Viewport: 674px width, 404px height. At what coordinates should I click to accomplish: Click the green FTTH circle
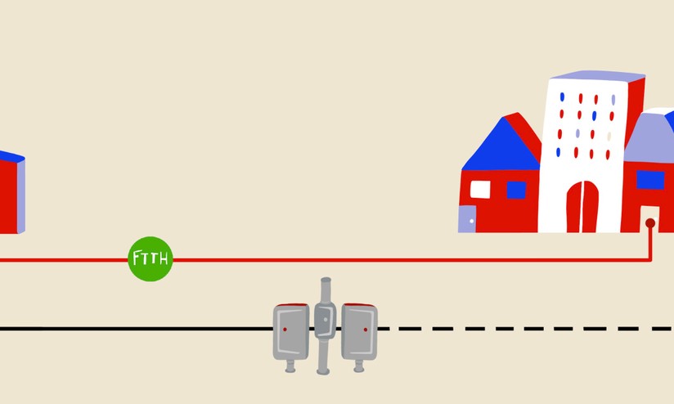151,258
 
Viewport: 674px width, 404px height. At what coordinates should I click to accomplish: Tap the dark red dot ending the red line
650,223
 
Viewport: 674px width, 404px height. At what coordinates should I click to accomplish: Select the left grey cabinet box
291,331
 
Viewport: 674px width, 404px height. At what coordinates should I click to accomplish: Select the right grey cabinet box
359,331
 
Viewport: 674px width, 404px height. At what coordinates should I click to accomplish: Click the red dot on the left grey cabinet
285,330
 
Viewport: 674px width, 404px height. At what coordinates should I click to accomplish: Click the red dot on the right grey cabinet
366,330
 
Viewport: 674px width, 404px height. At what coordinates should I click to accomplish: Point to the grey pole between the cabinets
325,325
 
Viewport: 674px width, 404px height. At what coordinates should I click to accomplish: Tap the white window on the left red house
480,190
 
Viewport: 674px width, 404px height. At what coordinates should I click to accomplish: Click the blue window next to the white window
516,190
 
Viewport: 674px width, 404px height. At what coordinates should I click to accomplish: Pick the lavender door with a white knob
467,219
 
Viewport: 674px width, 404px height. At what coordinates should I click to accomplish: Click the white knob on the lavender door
471,221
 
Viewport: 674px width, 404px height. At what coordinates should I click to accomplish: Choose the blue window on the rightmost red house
650,180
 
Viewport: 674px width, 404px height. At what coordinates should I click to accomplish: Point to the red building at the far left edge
12,192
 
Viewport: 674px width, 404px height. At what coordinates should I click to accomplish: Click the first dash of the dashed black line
384,329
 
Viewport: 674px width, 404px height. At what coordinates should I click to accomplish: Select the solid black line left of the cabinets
137,329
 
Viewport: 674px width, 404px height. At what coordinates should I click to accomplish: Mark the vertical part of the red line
650,243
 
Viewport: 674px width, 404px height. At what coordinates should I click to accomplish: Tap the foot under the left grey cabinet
290,366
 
